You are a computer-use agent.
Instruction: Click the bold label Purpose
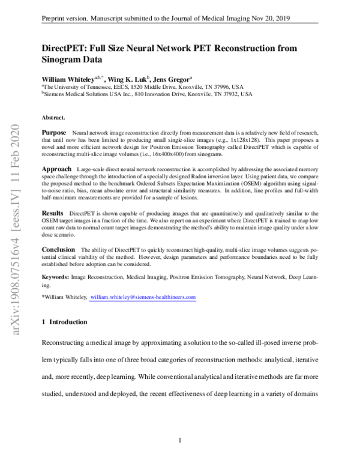tap(54, 131)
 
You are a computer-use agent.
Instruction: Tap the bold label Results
tap(53, 213)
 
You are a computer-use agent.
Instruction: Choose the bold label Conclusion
tap(58, 249)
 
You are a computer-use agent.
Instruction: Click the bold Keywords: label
tap(55, 277)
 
